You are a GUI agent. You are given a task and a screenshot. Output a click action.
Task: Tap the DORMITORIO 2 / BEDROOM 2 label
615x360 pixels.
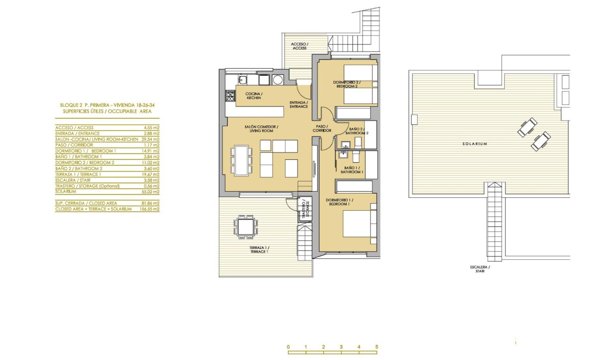click(x=347, y=84)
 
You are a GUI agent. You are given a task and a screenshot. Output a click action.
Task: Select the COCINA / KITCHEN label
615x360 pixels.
click(x=253, y=95)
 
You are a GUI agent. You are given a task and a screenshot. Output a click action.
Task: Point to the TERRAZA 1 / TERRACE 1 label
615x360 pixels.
click(x=259, y=249)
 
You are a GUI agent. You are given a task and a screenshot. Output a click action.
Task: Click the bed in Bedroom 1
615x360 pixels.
click(x=359, y=224)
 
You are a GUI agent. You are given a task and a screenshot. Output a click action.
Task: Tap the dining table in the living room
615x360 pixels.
click(x=243, y=159)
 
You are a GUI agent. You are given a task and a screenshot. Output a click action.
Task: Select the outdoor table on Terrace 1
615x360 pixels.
click(x=246, y=226)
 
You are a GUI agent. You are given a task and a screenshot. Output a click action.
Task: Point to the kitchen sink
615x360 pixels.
click(x=242, y=80)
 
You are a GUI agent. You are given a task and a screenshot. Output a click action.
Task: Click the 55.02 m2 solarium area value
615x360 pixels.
click(x=151, y=192)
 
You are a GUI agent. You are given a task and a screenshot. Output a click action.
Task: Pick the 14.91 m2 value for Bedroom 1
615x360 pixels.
click(x=151, y=151)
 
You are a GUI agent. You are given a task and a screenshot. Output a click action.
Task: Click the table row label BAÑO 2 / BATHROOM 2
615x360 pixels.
click(x=79, y=168)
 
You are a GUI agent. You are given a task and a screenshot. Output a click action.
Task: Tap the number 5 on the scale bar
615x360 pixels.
click(x=377, y=347)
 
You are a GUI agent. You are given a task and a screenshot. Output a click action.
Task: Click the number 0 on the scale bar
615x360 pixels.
click(x=288, y=347)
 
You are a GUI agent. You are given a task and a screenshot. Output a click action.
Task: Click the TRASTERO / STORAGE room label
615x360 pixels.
click(x=306, y=209)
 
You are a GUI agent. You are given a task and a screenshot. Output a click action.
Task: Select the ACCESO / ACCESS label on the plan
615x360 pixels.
click(x=300, y=46)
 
